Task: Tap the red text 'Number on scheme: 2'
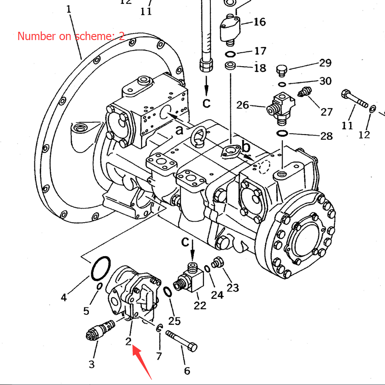coord(71,36)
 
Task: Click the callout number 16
coord(260,22)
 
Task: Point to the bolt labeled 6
coord(181,341)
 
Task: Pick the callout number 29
coord(325,63)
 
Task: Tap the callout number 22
coord(200,305)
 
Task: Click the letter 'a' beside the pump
coord(179,130)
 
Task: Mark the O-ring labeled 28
coord(282,133)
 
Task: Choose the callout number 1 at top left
coord(68,9)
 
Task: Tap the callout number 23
coord(233,287)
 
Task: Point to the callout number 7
coord(159,356)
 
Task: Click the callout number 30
coord(325,81)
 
